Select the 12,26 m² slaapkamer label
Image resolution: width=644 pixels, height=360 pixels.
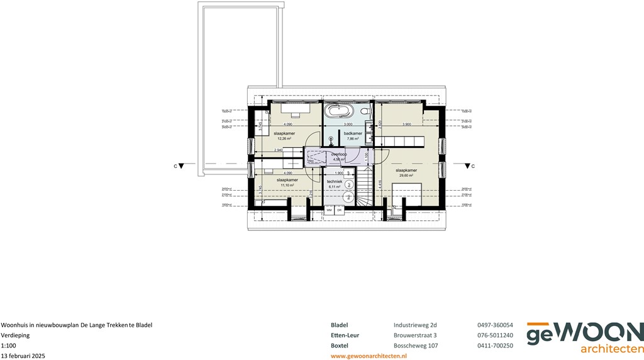[284, 136]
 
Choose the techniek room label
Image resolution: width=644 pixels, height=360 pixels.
[335, 183]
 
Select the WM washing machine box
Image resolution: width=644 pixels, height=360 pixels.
[329, 210]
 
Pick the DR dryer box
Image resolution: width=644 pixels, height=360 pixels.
[339, 210]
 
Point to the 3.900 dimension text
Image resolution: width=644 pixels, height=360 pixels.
[407, 124]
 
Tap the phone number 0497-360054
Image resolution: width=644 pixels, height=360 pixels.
[495, 325]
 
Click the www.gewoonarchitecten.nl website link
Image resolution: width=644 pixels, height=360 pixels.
[369, 356]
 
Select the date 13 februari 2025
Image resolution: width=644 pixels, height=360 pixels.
[23, 356]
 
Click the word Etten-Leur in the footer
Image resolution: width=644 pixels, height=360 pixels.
[345, 335]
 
